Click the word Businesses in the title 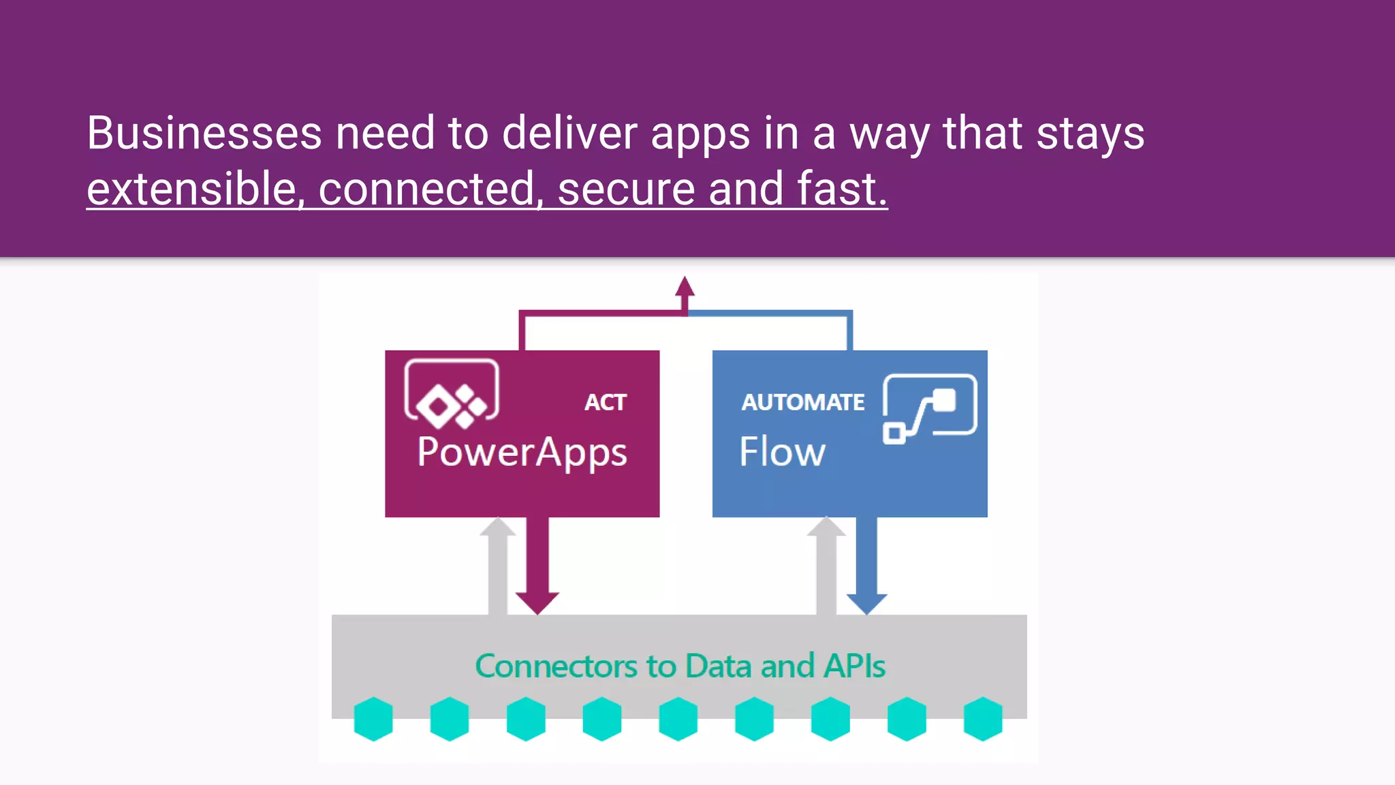point(204,133)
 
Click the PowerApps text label point(522,452)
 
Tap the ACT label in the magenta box point(605,402)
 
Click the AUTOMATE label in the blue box point(802,402)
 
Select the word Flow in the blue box point(782,452)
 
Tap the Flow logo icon point(930,407)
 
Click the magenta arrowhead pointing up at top point(685,288)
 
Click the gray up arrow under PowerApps point(498,566)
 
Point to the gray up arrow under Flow point(826,566)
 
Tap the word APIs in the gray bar point(854,666)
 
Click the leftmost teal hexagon point(373,719)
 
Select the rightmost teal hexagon point(982,719)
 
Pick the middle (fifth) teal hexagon point(678,719)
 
